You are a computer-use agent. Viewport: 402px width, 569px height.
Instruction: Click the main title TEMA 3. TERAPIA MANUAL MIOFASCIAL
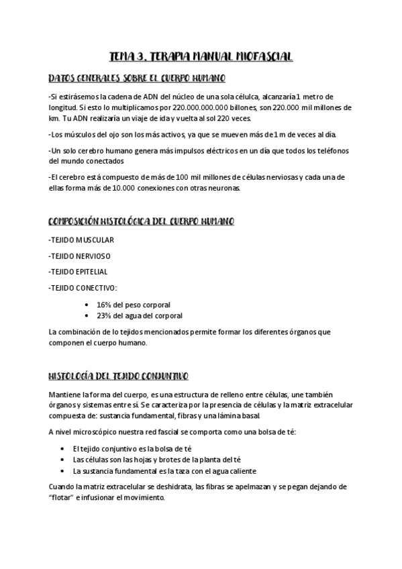pos(201,57)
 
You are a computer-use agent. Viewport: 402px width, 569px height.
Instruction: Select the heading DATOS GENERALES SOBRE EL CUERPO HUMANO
pos(137,78)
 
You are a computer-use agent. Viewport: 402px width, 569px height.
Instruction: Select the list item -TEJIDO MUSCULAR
pos(81,240)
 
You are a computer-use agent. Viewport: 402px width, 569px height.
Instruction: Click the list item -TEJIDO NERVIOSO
pos(80,256)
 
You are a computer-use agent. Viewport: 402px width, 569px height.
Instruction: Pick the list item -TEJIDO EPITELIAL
pos(79,272)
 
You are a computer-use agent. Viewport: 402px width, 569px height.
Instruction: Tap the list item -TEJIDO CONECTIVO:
pos(83,288)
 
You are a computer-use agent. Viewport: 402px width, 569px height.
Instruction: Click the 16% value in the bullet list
pos(104,305)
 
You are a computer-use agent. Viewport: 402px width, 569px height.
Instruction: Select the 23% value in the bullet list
pos(104,315)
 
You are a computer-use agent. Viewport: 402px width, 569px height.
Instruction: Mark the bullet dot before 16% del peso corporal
pos(89,305)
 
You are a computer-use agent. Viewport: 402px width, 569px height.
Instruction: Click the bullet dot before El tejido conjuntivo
pos(63,448)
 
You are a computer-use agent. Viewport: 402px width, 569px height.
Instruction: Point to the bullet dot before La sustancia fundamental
pos(63,470)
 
